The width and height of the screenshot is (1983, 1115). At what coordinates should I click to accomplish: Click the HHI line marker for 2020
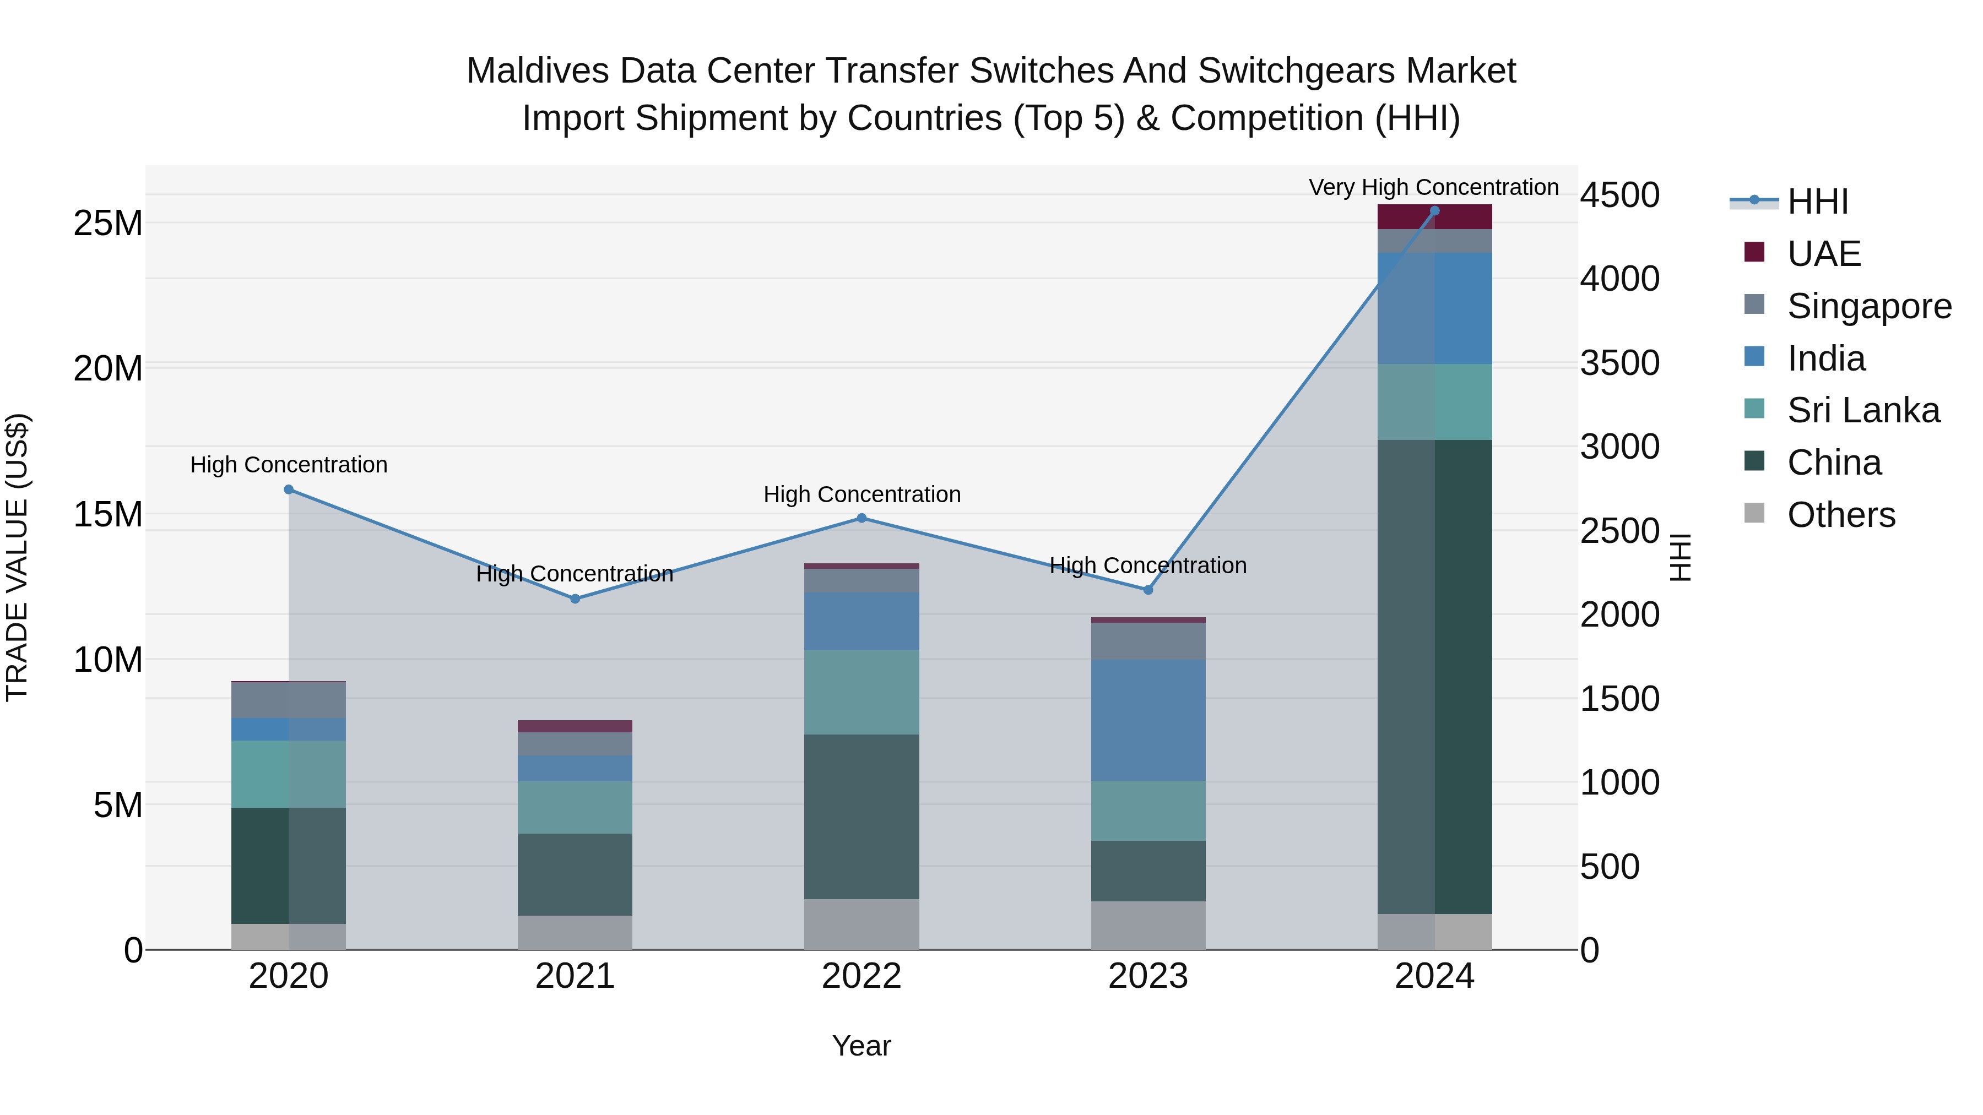coord(289,489)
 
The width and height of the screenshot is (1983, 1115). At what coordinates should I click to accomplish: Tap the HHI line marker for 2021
coord(575,599)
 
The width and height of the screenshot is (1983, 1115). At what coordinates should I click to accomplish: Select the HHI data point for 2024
coord(1434,211)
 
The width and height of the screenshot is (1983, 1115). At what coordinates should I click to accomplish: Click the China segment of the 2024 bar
coord(1434,677)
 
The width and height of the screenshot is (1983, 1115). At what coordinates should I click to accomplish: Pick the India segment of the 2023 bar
coord(1148,720)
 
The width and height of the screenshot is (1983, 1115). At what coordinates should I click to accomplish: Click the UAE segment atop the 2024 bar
coord(1434,217)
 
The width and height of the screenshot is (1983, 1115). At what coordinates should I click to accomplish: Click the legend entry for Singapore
coord(1868,306)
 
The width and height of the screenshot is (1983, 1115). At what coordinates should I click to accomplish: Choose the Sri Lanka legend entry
coord(1862,410)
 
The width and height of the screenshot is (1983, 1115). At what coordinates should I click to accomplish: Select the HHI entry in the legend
coord(1817,202)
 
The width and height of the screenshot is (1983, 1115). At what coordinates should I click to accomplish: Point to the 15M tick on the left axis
coord(108,514)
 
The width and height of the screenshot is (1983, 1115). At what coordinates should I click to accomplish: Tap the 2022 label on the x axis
coord(862,976)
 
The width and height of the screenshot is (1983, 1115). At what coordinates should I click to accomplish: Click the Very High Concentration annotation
coord(1433,187)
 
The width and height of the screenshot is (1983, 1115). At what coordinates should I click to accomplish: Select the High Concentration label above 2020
coord(289,465)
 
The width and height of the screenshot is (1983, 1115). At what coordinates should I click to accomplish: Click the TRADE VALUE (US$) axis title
coord(17,557)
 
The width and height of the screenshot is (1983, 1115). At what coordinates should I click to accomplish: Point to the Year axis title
coord(862,1046)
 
